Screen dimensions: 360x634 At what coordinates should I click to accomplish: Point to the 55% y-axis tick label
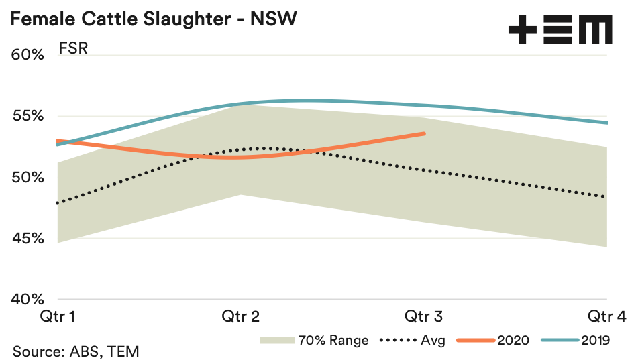[28, 116]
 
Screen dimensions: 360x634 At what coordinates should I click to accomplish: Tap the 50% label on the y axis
[28, 178]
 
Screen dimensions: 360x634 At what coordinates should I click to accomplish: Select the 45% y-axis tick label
[28, 239]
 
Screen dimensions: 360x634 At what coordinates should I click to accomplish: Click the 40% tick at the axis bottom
[28, 300]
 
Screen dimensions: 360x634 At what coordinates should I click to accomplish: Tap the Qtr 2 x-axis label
[242, 316]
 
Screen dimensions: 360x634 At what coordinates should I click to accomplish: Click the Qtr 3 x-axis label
[424, 316]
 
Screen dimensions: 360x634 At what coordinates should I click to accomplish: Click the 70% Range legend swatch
[278, 340]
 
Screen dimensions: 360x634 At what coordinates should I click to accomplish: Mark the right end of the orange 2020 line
[424, 133]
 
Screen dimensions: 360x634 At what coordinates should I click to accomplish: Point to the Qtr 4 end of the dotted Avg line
[606, 197]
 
